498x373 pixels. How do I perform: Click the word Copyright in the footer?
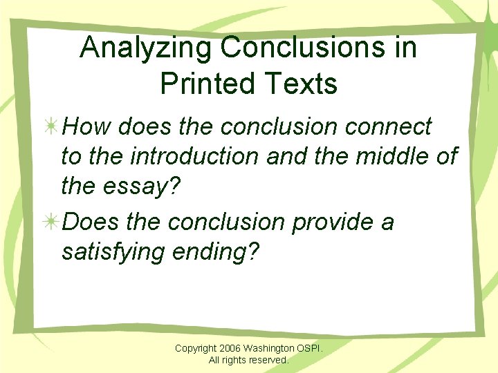pos(196,349)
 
